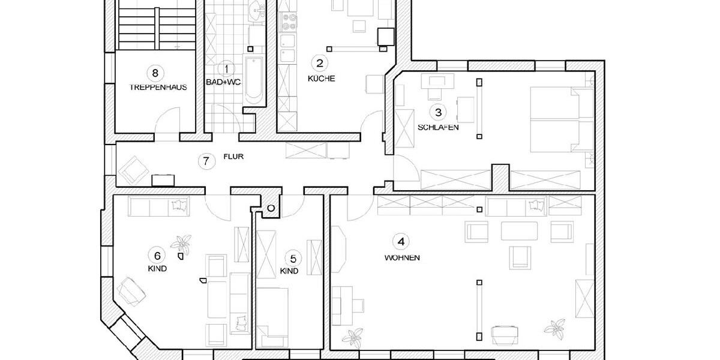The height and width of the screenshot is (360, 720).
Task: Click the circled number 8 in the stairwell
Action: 155,73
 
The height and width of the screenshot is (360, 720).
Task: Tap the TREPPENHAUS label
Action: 158,87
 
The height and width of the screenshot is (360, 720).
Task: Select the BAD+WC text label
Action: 223,82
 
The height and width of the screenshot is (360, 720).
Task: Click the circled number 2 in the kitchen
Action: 320,62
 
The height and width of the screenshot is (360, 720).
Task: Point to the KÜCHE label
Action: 321,78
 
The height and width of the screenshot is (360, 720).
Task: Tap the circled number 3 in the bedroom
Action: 438,112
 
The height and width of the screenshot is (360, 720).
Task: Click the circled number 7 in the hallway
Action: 206,161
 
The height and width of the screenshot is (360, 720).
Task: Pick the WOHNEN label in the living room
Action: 402,258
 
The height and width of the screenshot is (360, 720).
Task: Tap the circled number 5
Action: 292,259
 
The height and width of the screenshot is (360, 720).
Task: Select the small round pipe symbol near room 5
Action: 271,208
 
